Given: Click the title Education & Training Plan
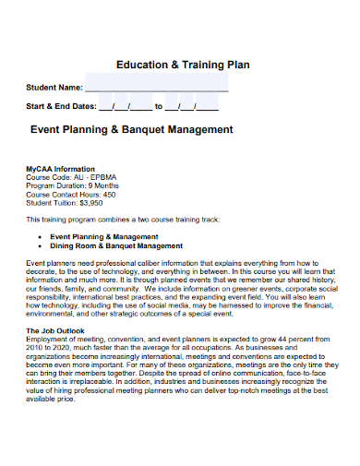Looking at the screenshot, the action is pyautogui.click(x=183, y=66).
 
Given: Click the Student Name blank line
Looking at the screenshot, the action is pyautogui.click(x=157, y=89).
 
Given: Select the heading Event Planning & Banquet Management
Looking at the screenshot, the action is pyautogui.click(x=132, y=130).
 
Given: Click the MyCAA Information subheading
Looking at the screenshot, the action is pyautogui.click(x=60, y=169).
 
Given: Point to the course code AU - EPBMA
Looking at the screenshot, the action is pyautogui.click(x=95, y=178).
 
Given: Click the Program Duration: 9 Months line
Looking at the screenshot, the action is pyautogui.click(x=73, y=186).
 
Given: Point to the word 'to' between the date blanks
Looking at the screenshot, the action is pyautogui.click(x=159, y=106).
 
